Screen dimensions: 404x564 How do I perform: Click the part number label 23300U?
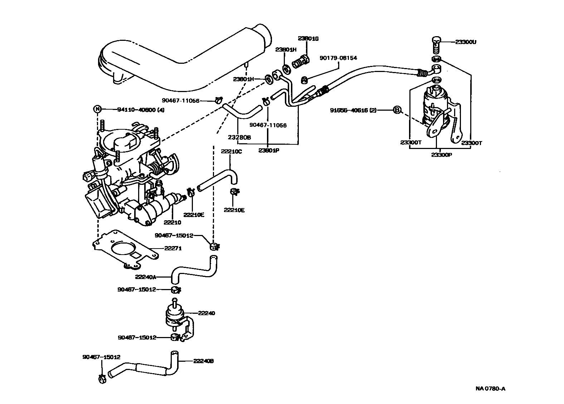point(466,42)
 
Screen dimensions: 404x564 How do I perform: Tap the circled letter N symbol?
point(97,110)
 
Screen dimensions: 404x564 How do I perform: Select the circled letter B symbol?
point(397,110)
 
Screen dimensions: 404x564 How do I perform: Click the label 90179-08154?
point(338,58)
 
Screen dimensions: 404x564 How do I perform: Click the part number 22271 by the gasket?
point(173,248)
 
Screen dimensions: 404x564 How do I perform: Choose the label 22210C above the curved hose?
point(231,151)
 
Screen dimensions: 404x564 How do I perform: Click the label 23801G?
point(308,38)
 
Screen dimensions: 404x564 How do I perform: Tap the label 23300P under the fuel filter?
point(441,155)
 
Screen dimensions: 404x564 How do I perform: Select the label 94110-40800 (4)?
point(141,110)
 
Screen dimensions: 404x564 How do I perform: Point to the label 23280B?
point(240,137)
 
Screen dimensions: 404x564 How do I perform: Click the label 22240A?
point(146,276)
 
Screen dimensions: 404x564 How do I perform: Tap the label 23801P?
point(268,150)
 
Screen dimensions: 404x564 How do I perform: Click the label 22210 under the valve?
point(172,222)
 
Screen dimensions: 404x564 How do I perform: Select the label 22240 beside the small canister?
point(206,313)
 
